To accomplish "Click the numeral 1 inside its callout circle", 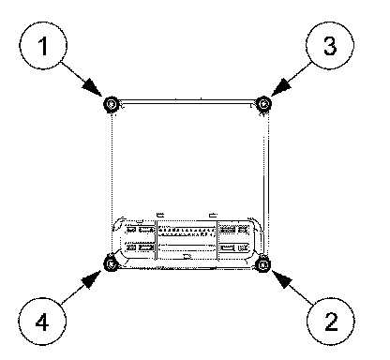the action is [x=43, y=46].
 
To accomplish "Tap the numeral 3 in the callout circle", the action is [x=330, y=46].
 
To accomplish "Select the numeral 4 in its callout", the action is [x=42, y=322].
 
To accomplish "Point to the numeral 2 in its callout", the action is [x=331, y=322].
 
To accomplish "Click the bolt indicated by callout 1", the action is [x=111, y=104].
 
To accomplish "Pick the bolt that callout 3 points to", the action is [x=263, y=103].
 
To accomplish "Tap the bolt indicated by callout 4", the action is [x=111, y=264].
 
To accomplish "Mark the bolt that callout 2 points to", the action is [x=263, y=264].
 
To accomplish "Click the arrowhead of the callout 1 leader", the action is [x=93, y=87].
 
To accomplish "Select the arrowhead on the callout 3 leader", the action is [x=280, y=87].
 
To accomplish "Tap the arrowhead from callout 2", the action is [x=281, y=280].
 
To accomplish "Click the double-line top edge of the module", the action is [x=187, y=101].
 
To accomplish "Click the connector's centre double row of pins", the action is [x=187, y=232].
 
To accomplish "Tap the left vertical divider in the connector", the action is [x=156, y=240].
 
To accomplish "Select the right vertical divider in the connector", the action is [x=217, y=240].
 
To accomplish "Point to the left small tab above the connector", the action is [x=160, y=215].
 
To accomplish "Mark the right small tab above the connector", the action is [x=214, y=215].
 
